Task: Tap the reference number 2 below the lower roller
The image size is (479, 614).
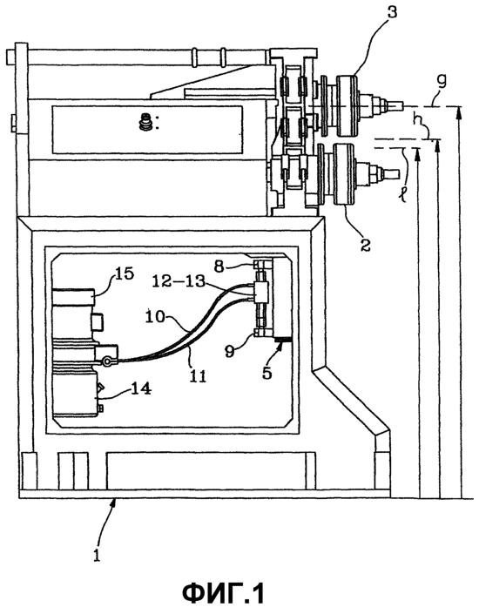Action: click(365, 245)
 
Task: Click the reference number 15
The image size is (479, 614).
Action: click(125, 273)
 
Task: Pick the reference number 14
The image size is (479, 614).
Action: click(139, 388)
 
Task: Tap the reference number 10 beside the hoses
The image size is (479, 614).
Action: click(156, 316)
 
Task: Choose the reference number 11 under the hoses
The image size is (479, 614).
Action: click(199, 376)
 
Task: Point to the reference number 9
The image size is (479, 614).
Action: click(230, 351)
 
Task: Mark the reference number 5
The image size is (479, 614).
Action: click(267, 372)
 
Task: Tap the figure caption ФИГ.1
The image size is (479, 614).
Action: click(224, 593)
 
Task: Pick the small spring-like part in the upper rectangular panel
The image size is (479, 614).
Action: click(145, 122)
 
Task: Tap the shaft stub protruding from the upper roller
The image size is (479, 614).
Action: click(395, 105)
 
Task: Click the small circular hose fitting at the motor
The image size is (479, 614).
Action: click(105, 362)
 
